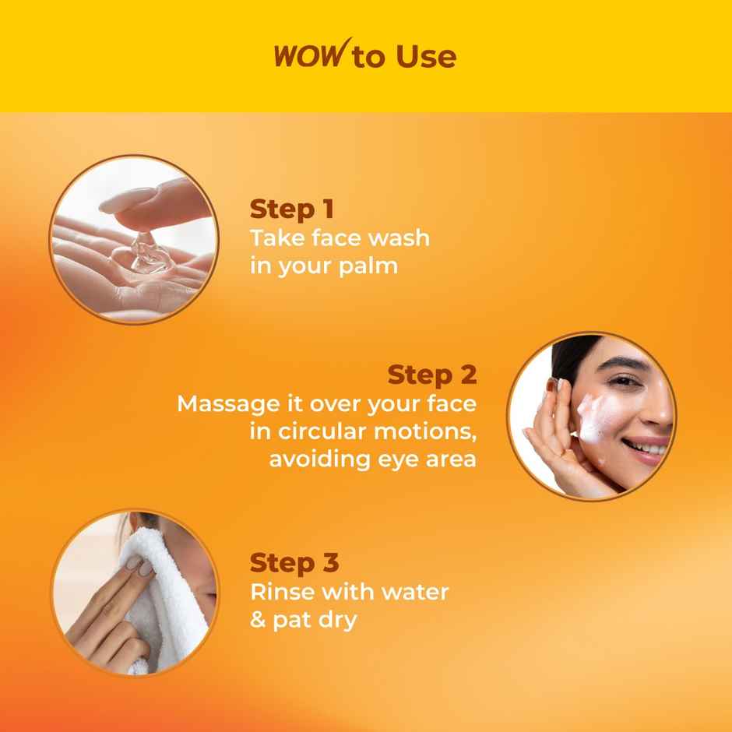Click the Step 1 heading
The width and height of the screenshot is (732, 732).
pos(292,209)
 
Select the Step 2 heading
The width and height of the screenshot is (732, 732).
pos(431,375)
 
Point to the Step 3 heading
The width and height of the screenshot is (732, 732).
pos(294,562)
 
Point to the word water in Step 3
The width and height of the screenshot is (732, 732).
pos(410,591)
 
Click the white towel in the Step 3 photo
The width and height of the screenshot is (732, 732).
pos(167,592)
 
